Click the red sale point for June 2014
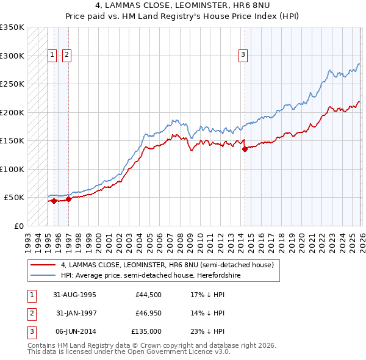[x=245, y=148]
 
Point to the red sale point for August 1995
[x=54, y=200]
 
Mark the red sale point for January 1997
[x=69, y=198]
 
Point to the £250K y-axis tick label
[x=12, y=84]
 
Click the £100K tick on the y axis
[x=12, y=169]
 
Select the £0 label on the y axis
[x=18, y=226]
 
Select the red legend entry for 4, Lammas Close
[x=171, y=265]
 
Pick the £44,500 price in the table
[x=149, y=294]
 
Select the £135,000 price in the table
[x=147, y=332]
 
